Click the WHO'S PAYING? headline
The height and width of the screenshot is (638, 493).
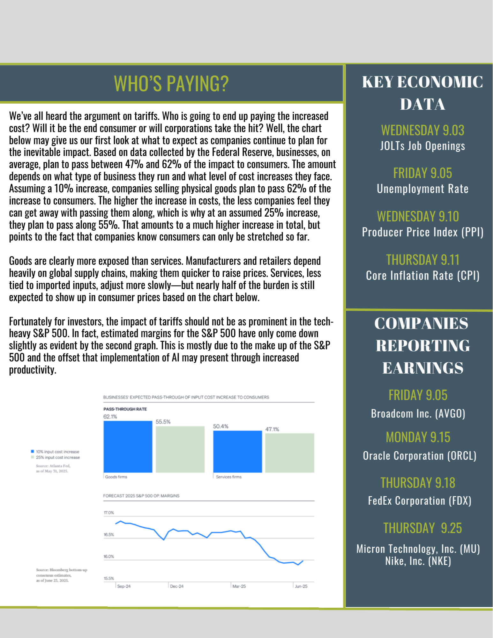click(171, 84)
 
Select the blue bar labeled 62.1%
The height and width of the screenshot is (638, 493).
click(128, 447)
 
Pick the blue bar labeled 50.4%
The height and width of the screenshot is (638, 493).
click(237, 451)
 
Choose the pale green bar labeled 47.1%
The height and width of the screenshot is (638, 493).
click(290, 453)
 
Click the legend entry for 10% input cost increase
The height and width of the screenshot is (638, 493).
click(57, 452)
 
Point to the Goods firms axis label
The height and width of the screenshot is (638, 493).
click(116, 477)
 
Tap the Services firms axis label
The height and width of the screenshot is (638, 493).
click(228, 477)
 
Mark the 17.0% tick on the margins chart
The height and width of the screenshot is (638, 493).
click(109, 513)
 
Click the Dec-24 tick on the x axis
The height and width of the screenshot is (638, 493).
click(176, 586)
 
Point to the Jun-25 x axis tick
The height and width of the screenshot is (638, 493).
click(301, 586)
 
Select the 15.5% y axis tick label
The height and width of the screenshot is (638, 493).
click(109, 578)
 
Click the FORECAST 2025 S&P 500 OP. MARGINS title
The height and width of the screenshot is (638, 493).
click(141, 496)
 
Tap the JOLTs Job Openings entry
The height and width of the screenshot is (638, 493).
click(422, 146)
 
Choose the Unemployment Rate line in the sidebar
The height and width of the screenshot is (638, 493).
click(422, 189)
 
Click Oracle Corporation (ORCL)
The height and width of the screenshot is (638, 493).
click(419, 456)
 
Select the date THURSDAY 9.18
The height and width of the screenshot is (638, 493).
click(418, 483)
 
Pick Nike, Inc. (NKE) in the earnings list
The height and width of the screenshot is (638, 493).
click(418, 561)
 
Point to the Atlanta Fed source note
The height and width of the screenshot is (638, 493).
click(53, 468)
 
